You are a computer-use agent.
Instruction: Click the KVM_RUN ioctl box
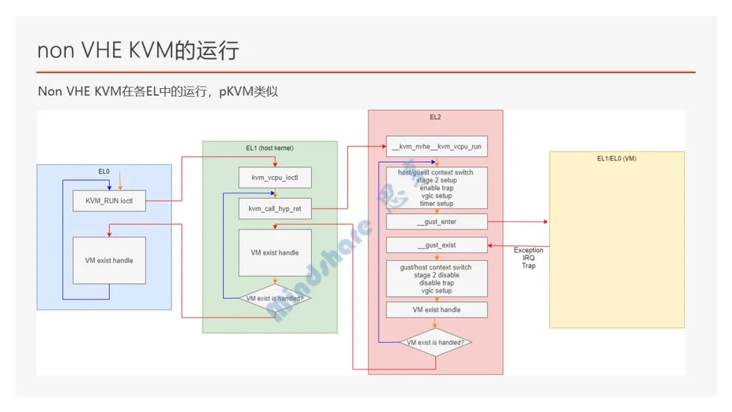(x=109, y=201)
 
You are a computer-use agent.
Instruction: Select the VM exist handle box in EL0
(x=109, y=260)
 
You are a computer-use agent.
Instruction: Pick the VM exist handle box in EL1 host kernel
(x=274, y=253)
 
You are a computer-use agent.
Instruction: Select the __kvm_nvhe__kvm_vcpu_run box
(x=436, y=146)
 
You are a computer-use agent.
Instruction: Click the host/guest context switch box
(x=436, y=188)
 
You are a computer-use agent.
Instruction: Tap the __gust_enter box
(x=436, y=222)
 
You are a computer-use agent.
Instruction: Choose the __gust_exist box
(x=436, y=245)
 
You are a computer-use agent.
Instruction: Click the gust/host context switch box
(x=436, y=279)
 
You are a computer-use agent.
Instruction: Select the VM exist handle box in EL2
(x=436, y=310)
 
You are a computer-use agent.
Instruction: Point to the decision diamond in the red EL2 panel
(x=435, y=343)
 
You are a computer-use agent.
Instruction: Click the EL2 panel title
(x=435, y=117)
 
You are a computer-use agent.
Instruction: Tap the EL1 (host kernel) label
(x=269, y=148)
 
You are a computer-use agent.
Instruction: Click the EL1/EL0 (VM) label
(x=616, y=159)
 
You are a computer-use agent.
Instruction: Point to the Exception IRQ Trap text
(x=528, y=258)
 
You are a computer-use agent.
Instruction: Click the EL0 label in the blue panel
(x=104, y=171)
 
